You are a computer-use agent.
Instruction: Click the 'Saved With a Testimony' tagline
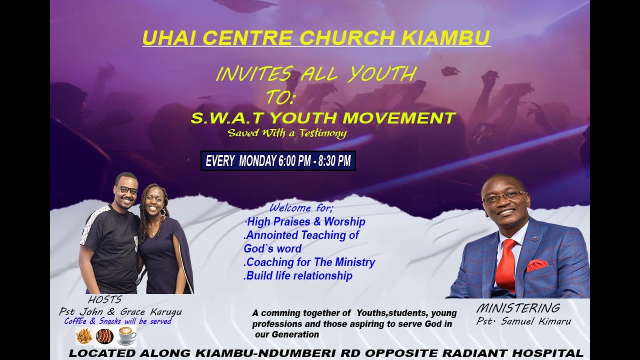pyautogui.click(x=287, y=133)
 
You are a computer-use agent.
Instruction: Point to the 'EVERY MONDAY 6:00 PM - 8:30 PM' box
pyautogui.click(x=278, y=161)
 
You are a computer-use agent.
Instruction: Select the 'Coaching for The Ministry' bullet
pyautogui.click(x=310, y=262)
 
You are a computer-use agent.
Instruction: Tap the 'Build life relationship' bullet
pyautogui.click(x=298, y=275)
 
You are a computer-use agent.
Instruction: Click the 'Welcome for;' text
pyautogui.click(x=301, y=207)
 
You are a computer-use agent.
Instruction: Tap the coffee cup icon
pyautogui.click(x=127, y=336)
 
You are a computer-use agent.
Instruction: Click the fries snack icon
pyautogui.click(x=84, y=336)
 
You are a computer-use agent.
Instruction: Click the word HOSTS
pyautogui.click(x=104, y=300)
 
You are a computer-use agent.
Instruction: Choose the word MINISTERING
pyautogui.click(x=517, y=308)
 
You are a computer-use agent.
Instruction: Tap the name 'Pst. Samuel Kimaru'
pyautogui.click(x=523, y=321)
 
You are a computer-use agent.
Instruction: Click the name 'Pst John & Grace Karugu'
pyautogui.click(x=120, y=312)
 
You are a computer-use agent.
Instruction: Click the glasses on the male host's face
pyautogui.click(x=127, y=190)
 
